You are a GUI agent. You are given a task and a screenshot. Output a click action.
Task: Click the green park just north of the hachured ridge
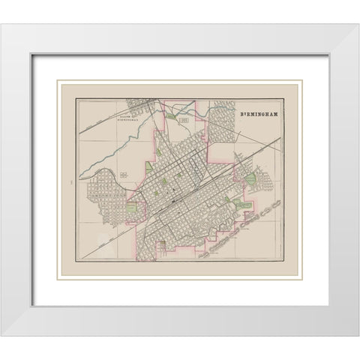tap(245, 203)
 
